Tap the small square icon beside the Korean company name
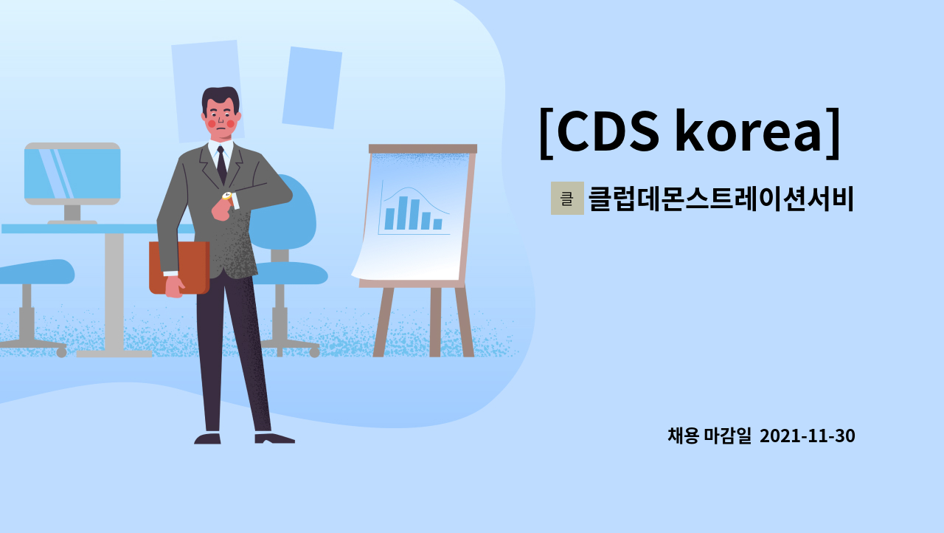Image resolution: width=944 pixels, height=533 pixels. [x=567, y=198]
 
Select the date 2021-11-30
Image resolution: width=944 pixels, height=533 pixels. [x=807, y=436]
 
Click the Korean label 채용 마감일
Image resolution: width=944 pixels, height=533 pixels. [x=709, y=436]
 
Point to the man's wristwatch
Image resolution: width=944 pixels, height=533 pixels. [x=227, y=196]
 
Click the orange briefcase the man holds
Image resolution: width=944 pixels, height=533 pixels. [x=179, y=267]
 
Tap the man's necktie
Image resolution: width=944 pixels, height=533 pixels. [x=221, y=165]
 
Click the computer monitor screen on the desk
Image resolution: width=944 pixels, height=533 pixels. [x=72, y=175]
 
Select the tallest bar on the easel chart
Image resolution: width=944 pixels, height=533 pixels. [x=402, y=213]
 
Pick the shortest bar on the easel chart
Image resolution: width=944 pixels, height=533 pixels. [x=437, y=224]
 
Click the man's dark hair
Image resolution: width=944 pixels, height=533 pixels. [x=221, y=97]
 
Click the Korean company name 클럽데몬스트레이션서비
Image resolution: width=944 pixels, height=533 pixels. [x=721, y=199]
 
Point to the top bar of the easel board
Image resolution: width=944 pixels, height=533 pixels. [x=423, y=148]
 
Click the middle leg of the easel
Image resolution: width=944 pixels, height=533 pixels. [x=435, y=322]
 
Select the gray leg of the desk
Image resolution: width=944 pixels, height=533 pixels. [x=114, y=292]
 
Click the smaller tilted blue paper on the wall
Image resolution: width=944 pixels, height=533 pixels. [x=312, y=88]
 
